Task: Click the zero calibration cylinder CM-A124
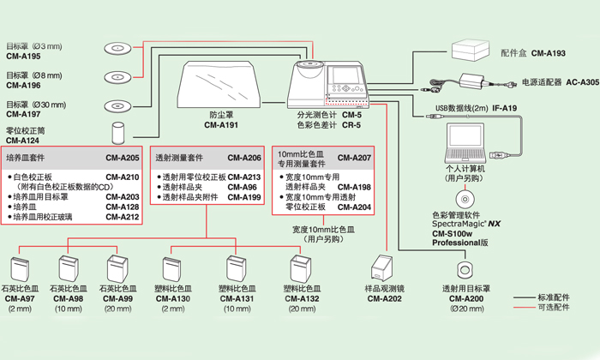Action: pos(119,131)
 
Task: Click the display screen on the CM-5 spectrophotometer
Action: pos(347,77)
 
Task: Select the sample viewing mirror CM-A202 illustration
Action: pos(379,268)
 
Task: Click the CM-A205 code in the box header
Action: pos(122,159)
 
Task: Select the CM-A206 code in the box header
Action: pos(244,159)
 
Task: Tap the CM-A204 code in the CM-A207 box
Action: pos(354,207)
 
